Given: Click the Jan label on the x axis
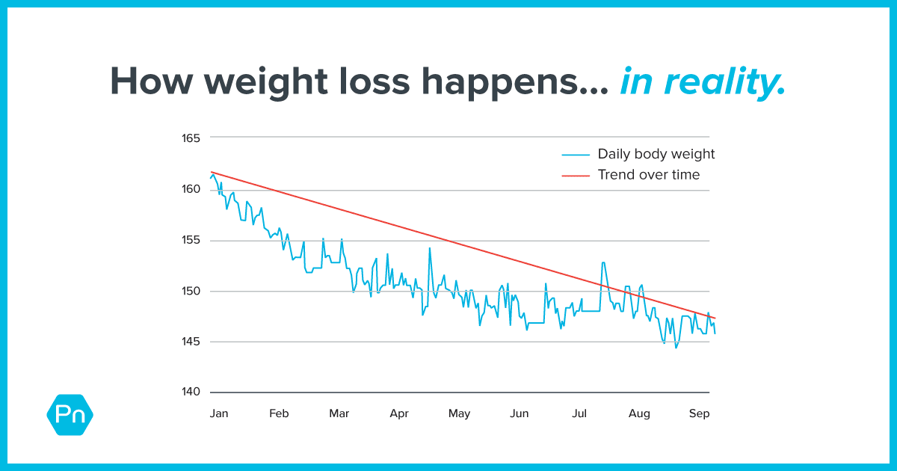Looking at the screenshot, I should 219,413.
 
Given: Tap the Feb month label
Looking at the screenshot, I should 279,413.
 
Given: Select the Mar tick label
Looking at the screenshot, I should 339,413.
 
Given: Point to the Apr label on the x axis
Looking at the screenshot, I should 399,413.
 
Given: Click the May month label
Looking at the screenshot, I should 459,413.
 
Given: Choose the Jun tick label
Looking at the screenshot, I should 519,413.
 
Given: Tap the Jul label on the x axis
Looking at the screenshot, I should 579,413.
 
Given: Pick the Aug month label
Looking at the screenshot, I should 639,413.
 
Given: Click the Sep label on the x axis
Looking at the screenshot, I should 699,413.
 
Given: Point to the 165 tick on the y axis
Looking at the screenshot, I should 191,138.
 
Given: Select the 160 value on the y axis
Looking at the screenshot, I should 191,189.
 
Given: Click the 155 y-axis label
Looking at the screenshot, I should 191,240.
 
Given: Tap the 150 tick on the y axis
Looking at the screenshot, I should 191,291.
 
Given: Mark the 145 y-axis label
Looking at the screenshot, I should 191,342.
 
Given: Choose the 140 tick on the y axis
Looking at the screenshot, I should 191,392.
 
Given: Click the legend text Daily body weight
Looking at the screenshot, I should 656,154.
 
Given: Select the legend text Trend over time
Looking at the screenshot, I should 648,175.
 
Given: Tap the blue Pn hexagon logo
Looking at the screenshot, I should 70,413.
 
